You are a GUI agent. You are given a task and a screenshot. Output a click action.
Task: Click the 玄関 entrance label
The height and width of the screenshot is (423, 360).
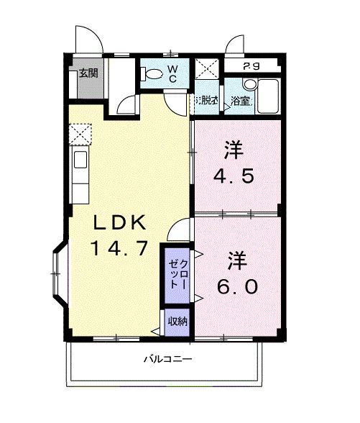[88, 73]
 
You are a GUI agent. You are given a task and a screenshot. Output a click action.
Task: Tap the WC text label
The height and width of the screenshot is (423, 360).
[173, 73]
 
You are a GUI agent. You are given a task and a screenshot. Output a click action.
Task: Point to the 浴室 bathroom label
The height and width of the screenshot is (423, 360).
[241, 101]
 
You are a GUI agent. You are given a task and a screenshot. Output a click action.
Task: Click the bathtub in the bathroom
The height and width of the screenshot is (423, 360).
[269, 96]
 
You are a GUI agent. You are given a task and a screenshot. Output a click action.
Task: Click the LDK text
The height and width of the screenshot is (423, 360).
[119, 222]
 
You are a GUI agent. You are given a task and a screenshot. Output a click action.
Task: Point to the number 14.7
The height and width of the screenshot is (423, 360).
[119, 249]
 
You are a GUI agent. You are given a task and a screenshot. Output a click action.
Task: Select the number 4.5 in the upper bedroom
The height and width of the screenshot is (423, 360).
[234, 176]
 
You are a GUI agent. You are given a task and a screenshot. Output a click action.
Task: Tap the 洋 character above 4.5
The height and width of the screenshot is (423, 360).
[232, 150]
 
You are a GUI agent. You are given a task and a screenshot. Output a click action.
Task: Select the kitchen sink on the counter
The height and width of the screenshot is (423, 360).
[80, 160]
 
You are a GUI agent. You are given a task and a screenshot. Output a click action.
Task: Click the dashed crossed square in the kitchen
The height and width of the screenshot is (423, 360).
[80, 134]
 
